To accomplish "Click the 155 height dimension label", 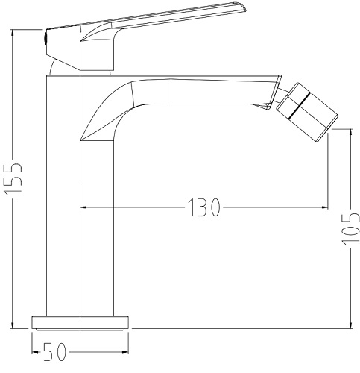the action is click(13, 179).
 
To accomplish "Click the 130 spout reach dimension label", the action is click(203, 207).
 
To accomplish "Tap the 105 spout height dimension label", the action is click(350, 228).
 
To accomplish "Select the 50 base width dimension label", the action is click(54, 352).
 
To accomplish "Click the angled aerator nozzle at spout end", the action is click(307, 112).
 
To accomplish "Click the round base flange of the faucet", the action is click(80, 323).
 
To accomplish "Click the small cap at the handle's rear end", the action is click(45, 38).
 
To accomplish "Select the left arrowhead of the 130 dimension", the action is click(83, 207).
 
